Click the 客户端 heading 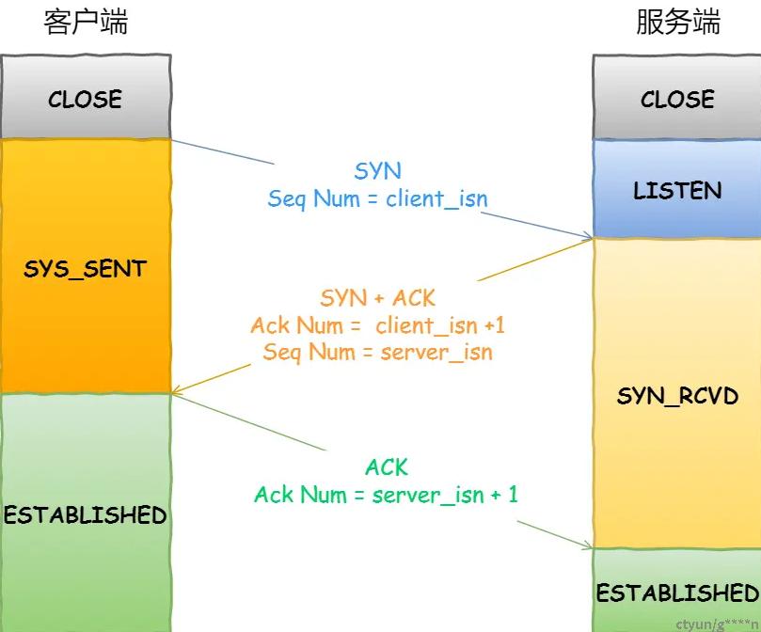pos(86,23)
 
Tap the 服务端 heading pos(678,23)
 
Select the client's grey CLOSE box pos(86,97)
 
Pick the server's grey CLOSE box pos(677,98)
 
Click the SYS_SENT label pos(85,268)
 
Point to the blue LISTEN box pos(677,189)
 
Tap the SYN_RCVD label pos(677,396)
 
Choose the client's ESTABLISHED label pos(86,514)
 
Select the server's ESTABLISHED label pos(677,592)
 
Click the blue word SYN pos(377,171)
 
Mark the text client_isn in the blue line pos(436,199)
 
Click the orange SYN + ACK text pos(377,297)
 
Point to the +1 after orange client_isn pos(495,324)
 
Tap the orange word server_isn pos(436,352)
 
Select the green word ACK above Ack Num pos(387,467)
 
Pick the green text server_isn pos(428,495)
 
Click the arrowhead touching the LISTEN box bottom pos(588,237)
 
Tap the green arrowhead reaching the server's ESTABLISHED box pos(588,545)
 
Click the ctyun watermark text pos(718,624)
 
